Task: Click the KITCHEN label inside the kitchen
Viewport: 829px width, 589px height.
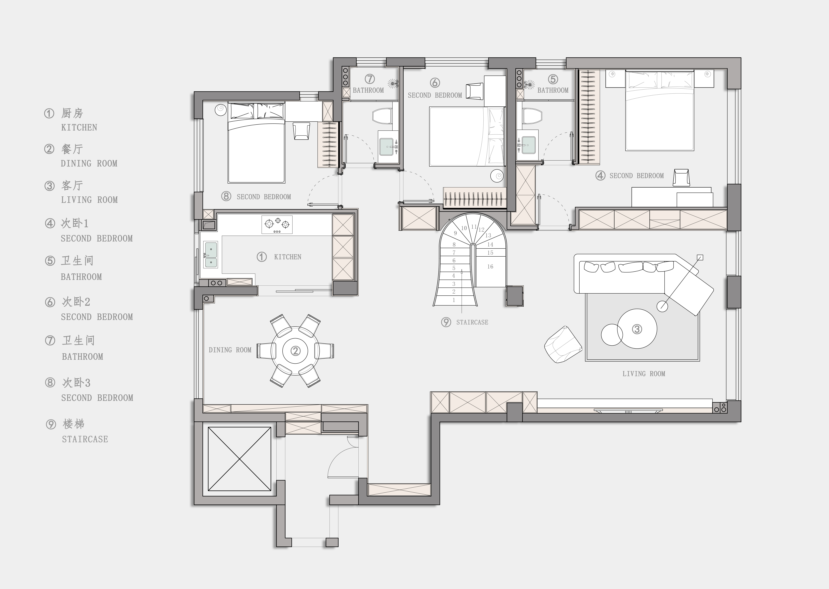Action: click(x=288, y=257)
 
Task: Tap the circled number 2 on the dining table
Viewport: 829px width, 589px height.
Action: click(x=296, y=351)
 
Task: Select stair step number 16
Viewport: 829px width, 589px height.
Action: click(x=490, y=267)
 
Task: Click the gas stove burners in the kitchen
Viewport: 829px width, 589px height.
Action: click(x=277, y=225)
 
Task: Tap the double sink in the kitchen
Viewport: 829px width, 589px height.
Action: click(x=211, y=255)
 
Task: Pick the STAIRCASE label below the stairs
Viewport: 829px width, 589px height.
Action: click(x=472, y=322)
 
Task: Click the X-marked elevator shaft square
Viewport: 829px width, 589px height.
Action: click(x=239, y=459)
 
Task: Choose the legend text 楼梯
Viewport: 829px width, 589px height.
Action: click(x=74, y=424)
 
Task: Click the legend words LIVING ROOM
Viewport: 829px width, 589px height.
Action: click(x=89, y=200)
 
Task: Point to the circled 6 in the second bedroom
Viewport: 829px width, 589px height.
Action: click(x=435, y=83)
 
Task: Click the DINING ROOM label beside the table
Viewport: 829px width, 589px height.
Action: click(x=230, y=350)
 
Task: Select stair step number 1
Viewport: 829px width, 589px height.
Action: click(x=454, y=300)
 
